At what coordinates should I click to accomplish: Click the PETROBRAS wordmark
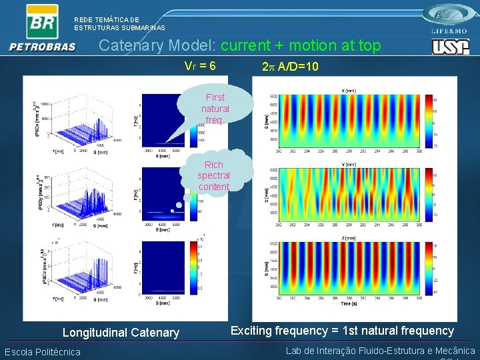coord(42,47)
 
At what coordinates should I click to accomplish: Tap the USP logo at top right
coord(450,47)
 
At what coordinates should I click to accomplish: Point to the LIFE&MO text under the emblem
coord(449,31)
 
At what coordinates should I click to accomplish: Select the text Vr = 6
coord(200,67)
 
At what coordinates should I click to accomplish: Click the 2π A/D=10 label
coord(291,67)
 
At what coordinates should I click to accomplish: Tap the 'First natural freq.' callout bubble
coord(215,109)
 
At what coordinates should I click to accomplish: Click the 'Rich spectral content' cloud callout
coord(213,175)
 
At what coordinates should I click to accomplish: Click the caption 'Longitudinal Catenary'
coord(121,332)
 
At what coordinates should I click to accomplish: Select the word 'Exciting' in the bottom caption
coord(252,331)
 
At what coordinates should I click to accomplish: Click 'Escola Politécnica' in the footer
coord(43,352)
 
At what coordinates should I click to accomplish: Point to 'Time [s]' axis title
coord(348,303)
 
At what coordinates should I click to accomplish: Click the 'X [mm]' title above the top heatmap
coord(348,91)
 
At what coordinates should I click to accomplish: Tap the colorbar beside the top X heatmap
coord(427,120)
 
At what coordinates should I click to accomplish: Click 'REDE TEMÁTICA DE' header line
coord(107,20)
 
